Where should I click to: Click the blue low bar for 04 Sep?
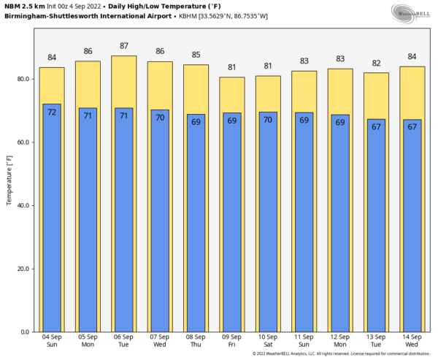coord(52,219)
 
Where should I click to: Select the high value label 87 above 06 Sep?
coord(123,46)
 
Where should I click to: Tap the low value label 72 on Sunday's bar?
coord(52,112)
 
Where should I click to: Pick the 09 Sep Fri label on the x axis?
coord(231,340)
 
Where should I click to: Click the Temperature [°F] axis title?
coord(9,179)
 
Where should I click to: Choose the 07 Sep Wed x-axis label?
coord(160,340)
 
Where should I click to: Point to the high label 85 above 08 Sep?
coord(196,55)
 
